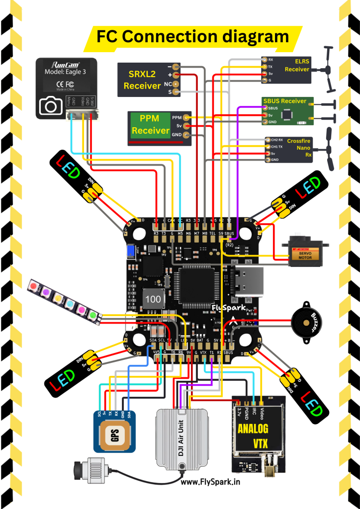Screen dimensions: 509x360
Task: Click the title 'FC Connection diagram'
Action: pyautogui.click(x=192, y=36)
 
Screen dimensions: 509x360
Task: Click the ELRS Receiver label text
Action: pyautogui.click(x=297, y=65)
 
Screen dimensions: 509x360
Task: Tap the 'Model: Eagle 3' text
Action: pyautogui.click(x=66, y=71)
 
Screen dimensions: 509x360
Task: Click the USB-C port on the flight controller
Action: pyautogui.click(x=245, y=282)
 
